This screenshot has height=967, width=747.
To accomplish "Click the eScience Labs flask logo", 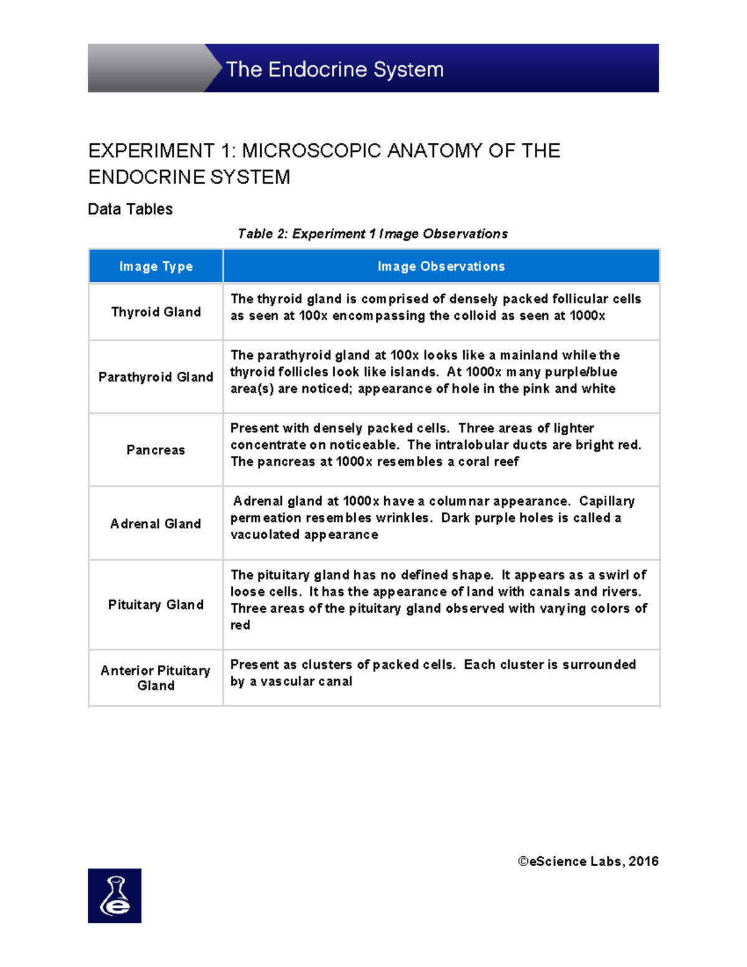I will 115,895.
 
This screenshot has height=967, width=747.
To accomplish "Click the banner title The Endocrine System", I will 335,69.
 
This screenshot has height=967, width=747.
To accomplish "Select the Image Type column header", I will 156,267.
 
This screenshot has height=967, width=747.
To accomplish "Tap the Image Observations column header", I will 441,267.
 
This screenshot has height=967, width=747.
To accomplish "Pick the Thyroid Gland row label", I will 156,312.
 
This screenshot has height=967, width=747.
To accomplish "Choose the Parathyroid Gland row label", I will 156,377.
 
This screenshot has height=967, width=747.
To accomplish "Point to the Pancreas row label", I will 156,450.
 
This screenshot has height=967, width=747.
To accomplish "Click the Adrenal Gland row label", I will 156,524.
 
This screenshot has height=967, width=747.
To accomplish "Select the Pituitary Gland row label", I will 156,605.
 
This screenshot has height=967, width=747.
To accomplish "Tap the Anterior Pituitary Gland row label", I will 156,678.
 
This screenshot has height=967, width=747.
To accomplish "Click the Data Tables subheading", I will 130,209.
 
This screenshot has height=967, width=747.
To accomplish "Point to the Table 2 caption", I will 372,234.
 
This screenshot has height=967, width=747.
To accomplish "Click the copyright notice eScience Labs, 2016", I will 588,862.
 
